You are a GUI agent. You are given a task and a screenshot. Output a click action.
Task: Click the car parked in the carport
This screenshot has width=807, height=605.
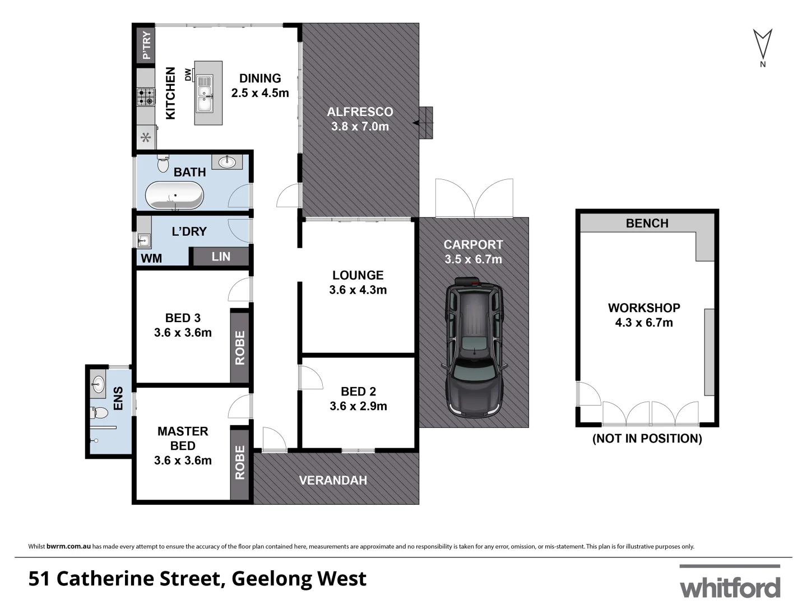coord(474,348)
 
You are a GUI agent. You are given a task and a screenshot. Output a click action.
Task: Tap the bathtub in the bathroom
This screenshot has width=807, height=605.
coord(174,196)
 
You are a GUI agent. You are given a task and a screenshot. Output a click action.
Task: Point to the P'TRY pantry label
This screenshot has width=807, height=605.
coord(146,45)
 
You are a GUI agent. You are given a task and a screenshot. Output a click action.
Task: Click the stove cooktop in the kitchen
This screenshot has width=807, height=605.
coord(146,97)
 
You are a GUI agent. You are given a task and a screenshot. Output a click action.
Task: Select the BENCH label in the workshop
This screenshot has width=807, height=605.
coord(647,224)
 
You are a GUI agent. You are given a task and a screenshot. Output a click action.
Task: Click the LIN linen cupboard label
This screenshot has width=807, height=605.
coord(221,257)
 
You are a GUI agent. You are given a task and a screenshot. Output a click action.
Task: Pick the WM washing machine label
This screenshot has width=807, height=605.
coord(151,258)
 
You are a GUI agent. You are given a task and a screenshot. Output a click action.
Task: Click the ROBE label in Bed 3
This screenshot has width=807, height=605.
coord(240,347)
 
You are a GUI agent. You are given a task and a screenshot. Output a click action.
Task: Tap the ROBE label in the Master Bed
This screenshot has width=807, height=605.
coord(240,462)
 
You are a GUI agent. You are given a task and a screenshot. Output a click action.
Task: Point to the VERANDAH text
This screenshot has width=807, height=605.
coord(333,480)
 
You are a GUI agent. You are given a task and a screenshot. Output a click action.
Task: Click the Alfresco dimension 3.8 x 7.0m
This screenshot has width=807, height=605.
coord(360,127)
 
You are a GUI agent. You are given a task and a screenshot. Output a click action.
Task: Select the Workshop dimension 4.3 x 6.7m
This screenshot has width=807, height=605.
coord(644,323)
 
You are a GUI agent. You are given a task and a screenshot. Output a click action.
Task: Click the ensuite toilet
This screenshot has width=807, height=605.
coord(99,413)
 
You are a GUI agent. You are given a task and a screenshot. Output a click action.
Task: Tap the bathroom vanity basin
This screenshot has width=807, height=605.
coord(227,162)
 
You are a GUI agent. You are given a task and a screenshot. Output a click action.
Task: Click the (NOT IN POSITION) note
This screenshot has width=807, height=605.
coord(647,439)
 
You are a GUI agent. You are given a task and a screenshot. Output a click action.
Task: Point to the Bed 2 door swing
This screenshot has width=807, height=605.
coord(310,378)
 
